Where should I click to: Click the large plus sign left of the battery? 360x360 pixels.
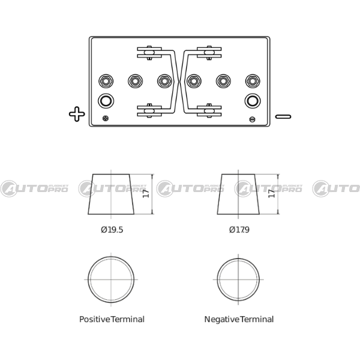(x=77, y=114)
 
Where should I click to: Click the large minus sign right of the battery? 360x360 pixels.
(x=283, y=116)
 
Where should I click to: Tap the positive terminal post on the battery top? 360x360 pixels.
(x=106, y=101)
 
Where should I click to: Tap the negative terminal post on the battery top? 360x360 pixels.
(x=253, y=101)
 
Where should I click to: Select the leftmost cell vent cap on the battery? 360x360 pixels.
(x=106, y=81)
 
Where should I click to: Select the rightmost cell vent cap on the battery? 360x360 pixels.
(x=253, y=81)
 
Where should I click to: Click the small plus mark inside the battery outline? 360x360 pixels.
(x=106, y=118)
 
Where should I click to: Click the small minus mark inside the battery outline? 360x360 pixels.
(x=252, y=119)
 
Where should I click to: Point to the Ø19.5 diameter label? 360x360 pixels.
(x=112, y=230)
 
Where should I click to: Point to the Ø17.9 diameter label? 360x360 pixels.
(x=239, y=230)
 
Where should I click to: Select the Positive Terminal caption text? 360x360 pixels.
(x=112, y=319)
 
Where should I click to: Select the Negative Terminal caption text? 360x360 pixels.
(x=239, y=319)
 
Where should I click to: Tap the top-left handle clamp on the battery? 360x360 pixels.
(x=149, y=53)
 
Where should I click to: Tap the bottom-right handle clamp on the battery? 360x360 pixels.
(x=209, y=110)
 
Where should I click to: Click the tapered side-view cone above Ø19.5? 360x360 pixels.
(x=111, y=194)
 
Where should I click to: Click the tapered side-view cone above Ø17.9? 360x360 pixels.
(x=238, y=194)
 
